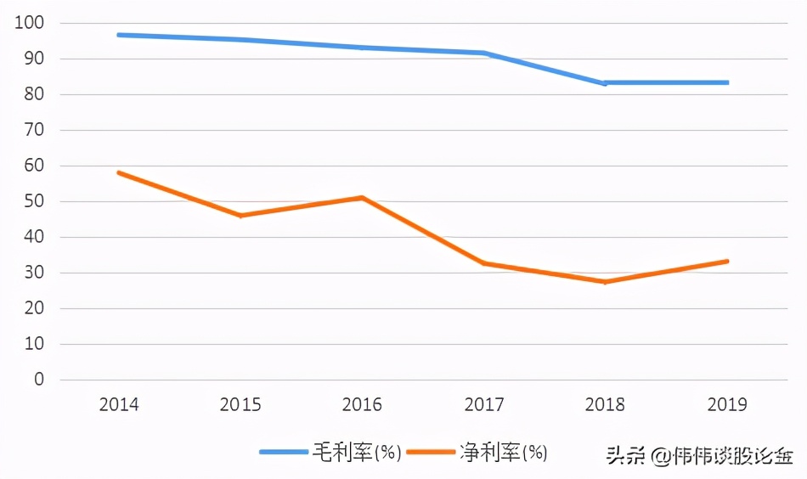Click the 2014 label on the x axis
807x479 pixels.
pos(119,404)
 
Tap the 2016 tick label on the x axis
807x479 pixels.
pos(362,404)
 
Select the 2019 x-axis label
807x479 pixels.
pos(727,404)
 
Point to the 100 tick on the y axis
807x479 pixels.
pos(29,23)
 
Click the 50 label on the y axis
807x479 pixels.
pos(33,201)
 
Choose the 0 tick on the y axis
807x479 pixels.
pos(38,380)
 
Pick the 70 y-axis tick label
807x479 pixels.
pos(33,130)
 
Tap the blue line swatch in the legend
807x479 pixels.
pos(283,453)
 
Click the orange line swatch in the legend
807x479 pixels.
pos(431,453)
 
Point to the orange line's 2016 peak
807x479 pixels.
pos(363,197)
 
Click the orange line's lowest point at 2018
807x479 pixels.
pos(605,282)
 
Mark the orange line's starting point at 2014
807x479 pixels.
pos(119,172)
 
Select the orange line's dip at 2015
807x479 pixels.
pos(240,216)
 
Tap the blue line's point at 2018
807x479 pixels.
pos(605,83)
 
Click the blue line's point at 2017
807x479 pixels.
pos(484,53)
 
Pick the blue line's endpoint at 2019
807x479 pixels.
pos(728,82)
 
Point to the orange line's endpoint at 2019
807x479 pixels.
pos(728,261)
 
